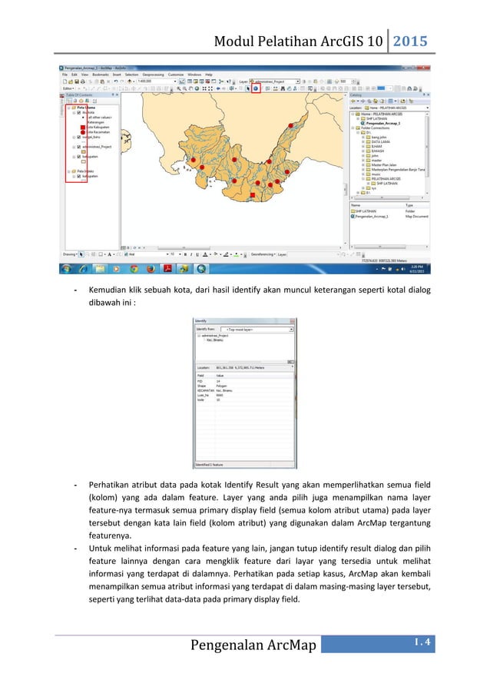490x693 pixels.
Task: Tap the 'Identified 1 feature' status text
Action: (210, 465)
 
